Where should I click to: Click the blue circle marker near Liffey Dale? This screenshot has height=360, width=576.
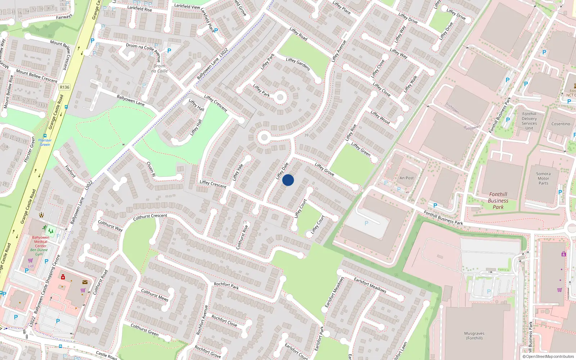288,180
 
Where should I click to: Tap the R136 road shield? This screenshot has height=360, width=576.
65,87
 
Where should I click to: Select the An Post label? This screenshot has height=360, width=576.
406,178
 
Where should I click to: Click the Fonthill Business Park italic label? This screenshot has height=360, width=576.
498,201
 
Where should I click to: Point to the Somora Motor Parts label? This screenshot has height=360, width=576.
543,179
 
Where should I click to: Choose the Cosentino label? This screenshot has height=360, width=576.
561,124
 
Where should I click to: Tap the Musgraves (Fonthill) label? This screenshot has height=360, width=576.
474,336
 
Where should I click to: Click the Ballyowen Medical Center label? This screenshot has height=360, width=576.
41,242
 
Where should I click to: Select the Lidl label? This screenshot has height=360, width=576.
31,266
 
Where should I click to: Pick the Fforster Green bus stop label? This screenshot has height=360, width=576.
45,142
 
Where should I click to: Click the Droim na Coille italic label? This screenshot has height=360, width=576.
159,68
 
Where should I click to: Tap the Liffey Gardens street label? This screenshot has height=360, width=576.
298,64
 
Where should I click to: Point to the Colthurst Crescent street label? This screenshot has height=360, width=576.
150,217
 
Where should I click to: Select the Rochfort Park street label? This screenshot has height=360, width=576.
226,286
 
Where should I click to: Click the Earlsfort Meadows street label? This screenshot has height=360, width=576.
370,285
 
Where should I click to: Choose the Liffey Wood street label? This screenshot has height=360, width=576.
380,117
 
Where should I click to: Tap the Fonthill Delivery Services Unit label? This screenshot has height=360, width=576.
529,121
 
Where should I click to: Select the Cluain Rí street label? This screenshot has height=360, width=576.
151,169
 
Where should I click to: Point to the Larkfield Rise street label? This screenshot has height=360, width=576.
140,8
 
